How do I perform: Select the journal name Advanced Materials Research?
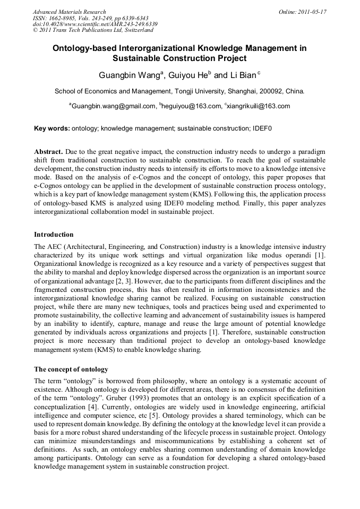(x=69, y=12)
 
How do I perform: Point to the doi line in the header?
(x=95, y=24)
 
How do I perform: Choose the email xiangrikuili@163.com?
(x=259, y=106)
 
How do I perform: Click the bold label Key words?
(x=52, y=128)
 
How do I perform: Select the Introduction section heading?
(x=54, y=234)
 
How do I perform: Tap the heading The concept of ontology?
(x=71, y=369)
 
